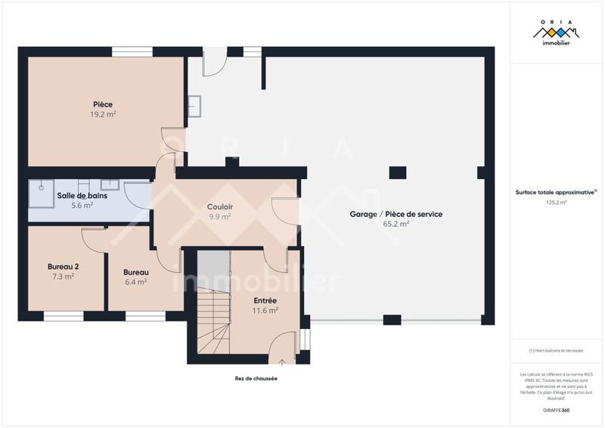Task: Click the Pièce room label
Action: tap(103, 104)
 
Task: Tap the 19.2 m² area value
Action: tap(103, 114)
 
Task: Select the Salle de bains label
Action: tap(82, 196)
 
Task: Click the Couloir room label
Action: tap(220, 206)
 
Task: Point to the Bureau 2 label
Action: tap(63, 267)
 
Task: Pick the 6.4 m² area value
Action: tap(136, 281)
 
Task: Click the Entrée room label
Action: tap(265, 300)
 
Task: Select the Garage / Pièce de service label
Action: tap(396, 214)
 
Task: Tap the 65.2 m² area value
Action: tap(396, 224)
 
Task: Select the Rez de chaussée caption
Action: tap(256, 378)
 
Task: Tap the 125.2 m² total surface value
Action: tap(557, 203)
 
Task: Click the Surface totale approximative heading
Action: tap(557, 192)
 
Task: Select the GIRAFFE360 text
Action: tap(557, 409)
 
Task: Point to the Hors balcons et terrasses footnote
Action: tap(557, 350)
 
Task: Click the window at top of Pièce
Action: tap(133, 52)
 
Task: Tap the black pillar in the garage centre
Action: tap(398, 172)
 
